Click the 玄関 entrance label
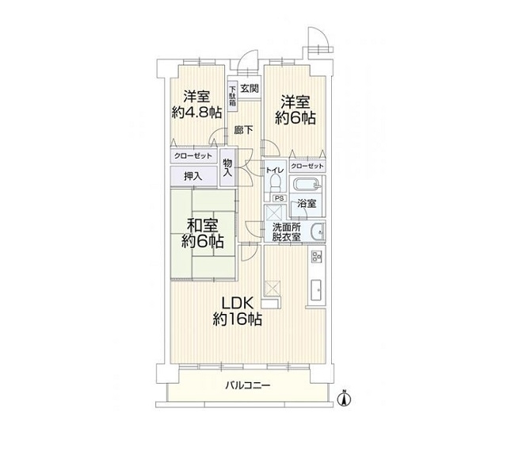coord(250,88)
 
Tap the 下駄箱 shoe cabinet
coord(232,96)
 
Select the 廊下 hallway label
coord(243,130)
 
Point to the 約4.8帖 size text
coord(196,113)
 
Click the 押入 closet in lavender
coord(193,176)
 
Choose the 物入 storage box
coord(227,167)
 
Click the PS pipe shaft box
coord(280,198)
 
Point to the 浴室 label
coord(307,204)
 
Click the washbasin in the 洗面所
coord(318,231)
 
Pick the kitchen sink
coord(316,290)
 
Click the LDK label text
coord(237,304)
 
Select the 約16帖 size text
coord(237,319)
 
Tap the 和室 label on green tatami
coord(203,225)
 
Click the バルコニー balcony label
coord(248,385)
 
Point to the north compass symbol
coord(345,398)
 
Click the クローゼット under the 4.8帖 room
coord(193,156)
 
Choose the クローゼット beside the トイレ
coord(307,166)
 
